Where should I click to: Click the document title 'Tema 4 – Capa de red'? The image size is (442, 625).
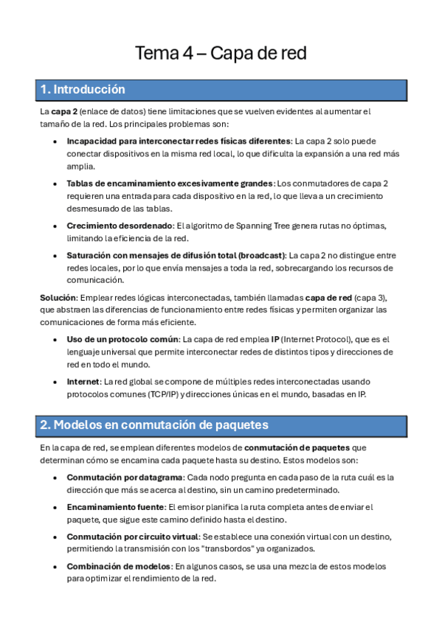220,53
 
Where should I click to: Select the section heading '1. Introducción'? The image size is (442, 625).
83,90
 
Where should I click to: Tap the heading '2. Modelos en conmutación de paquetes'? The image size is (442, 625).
154,425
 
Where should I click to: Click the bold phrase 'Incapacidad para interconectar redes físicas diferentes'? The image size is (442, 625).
179,140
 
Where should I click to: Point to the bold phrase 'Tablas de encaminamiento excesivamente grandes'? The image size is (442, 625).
170,183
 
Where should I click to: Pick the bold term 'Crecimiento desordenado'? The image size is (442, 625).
119,226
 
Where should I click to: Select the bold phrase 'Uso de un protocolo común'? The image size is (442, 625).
122,339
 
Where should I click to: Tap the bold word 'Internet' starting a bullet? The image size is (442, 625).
83,382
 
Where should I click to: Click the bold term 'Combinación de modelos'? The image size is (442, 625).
118,566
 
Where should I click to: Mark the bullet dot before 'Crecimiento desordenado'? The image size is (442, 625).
56,226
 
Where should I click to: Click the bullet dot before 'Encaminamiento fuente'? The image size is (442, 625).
56,508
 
